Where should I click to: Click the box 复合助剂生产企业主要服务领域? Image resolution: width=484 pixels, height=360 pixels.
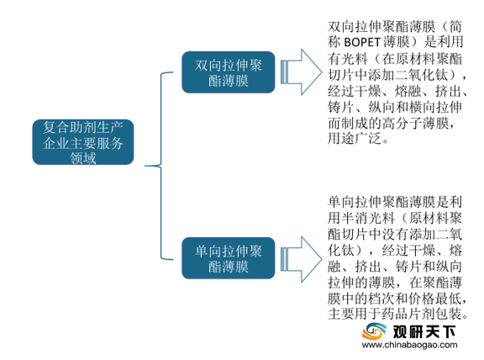[x=83, y=142]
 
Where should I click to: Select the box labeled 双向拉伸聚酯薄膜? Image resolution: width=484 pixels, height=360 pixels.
[x=229, y=72]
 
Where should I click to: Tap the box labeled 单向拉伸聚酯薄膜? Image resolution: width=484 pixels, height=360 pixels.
[x=229, y=258]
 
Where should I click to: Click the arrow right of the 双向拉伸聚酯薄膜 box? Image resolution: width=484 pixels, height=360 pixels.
[x=302, y=72]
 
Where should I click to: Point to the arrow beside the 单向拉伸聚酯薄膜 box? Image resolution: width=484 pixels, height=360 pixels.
[x=302, y=260]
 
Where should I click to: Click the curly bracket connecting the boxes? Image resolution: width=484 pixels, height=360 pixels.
[x=160, y=166]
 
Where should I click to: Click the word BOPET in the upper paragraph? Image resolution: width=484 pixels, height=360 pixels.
[x=362, y=42]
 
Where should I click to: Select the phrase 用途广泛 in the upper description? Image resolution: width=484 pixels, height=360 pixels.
[x=354, y=139]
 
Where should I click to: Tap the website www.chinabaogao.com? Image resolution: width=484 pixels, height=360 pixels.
[x=409, y=345]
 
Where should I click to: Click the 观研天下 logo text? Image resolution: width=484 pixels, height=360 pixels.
[x=424, y=332]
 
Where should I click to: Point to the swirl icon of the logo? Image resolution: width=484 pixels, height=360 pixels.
[x=374, y=331]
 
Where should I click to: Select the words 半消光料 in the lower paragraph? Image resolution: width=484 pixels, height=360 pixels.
[x=368, y=218]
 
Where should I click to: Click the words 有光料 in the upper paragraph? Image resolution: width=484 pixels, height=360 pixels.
[x=348, y=58]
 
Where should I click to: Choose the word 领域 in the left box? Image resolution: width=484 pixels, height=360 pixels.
[x=83, y=157]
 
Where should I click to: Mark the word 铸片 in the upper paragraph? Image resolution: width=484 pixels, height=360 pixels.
[x=341, y=107]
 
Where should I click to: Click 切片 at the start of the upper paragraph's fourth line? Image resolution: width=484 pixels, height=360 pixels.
[x=341, y=75]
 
